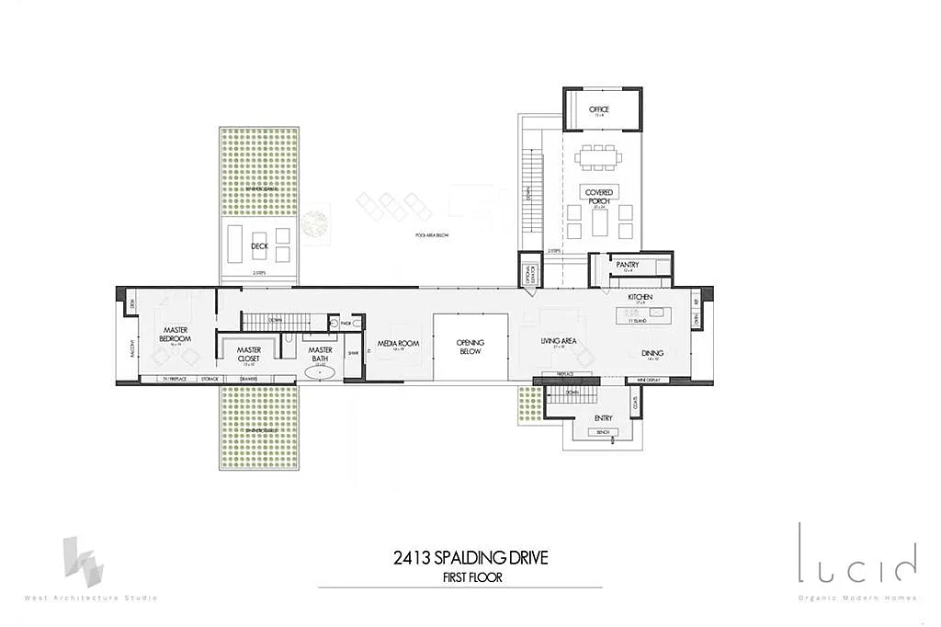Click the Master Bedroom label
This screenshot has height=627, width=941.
[175, 334]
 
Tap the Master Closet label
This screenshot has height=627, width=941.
[249, 354]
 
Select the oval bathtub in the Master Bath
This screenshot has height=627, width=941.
[321, 371]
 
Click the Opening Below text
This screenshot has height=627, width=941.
[470, 347]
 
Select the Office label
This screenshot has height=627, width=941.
[600, 109]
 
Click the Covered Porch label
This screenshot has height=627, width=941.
[599, 196]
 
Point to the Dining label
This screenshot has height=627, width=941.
[652, 352]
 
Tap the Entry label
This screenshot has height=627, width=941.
[603, 419]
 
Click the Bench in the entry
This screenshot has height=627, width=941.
[603, 431]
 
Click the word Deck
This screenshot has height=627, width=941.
[258, 246]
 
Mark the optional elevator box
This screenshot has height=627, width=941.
[528, 273]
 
